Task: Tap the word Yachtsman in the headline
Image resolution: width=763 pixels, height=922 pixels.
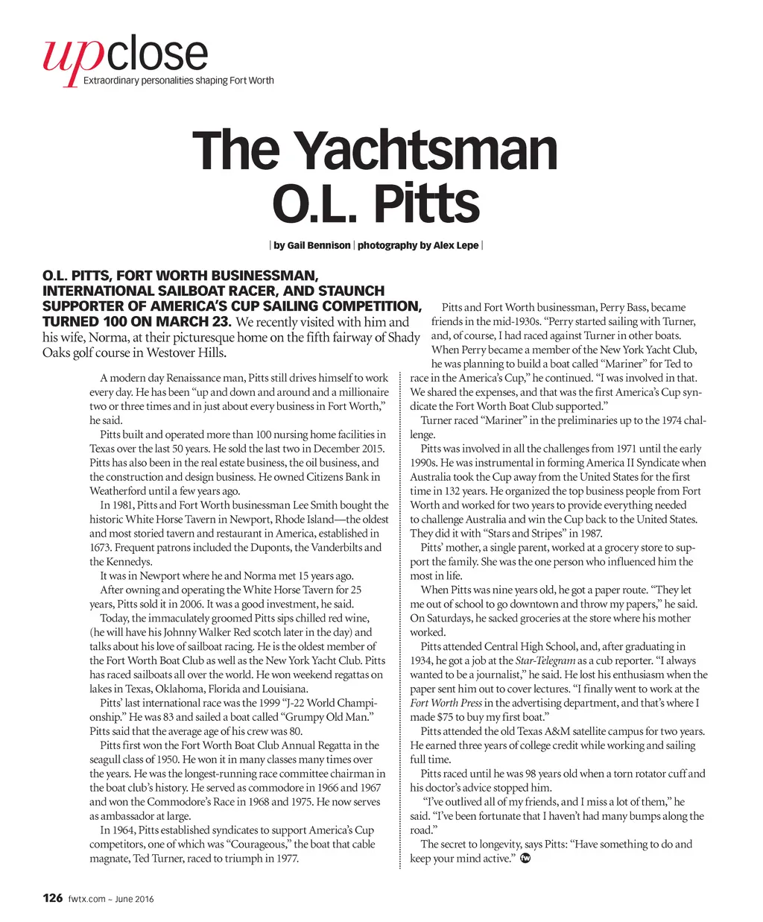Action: [427, 152]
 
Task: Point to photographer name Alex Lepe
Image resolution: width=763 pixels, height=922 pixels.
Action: [455, 245]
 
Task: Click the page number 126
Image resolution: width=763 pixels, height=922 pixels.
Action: [52, 898]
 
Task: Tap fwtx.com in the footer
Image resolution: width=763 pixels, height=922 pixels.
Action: [86, 899]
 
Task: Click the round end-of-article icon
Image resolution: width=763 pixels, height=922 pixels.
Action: [525, 859]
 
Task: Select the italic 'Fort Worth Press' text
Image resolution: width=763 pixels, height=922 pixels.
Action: [446, 703]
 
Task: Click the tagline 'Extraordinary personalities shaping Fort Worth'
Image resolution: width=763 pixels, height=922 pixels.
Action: [178, 80]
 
